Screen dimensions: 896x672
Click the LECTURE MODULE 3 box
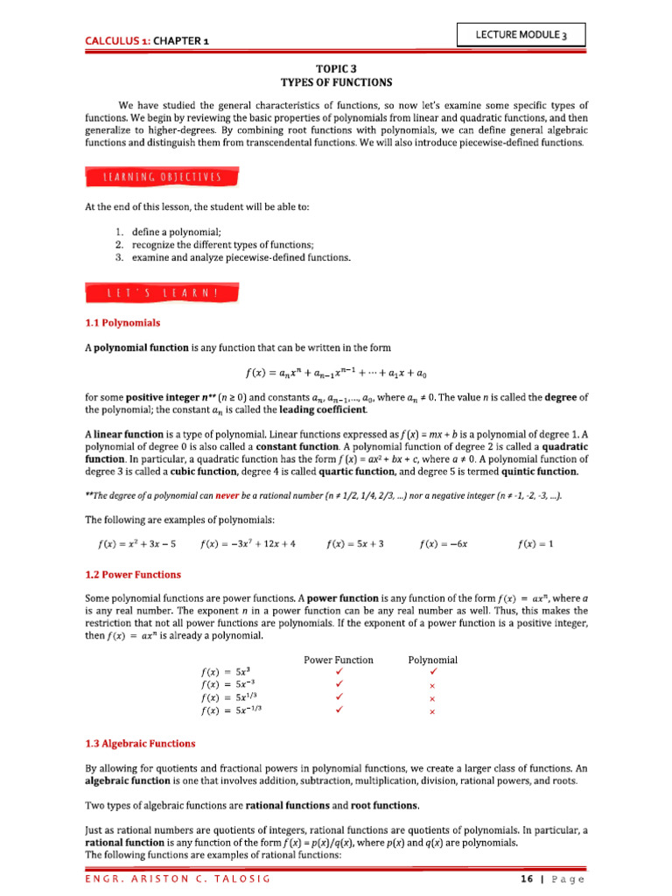pos(521,34)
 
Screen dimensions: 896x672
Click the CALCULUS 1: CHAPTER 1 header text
pos(146,40)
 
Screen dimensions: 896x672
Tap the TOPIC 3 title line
pos(335,66)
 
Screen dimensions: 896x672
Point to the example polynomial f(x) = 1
pos(535,543)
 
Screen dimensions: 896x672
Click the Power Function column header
pos(338,660)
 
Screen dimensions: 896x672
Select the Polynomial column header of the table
pos(432,660)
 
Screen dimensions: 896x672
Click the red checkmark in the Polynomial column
pos(432,671)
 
